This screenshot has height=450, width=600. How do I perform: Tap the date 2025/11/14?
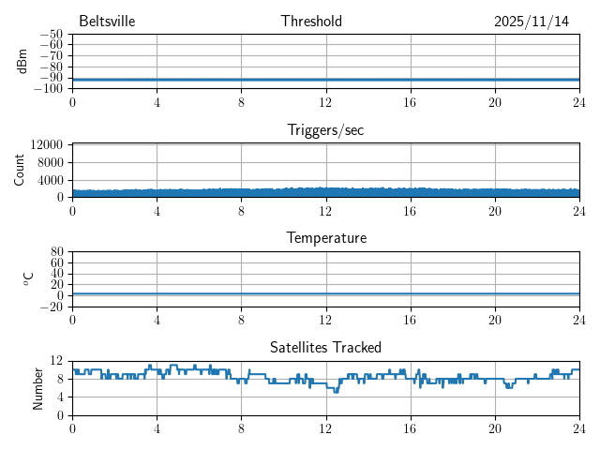tap(532, 22)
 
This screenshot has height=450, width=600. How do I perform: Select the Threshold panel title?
tap(311, 22)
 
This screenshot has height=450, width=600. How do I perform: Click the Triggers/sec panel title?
tap(325, 130)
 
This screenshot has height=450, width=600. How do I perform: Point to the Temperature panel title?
tap(325, 239)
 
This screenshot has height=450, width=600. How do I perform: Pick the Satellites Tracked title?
tap(325, 348)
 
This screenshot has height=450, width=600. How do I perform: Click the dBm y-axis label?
tap(22, 61)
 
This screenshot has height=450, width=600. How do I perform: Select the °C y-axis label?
tap(29, 278)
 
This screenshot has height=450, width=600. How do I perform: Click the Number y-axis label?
tap(38, 387)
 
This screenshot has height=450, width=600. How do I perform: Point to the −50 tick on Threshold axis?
tap(51, 34)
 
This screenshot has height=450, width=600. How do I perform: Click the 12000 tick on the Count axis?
tap(46, 145)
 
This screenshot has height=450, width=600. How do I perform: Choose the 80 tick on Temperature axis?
tap(55, 252)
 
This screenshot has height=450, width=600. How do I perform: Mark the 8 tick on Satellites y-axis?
tap(61, 379)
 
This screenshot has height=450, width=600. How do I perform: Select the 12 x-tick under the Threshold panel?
tap(325, 102)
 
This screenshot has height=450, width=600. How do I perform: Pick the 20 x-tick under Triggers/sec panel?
tap(494, 211)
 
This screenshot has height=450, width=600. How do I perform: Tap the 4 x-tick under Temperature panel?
tap(157, 320)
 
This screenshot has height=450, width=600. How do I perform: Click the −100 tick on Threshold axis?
tap(47, 88)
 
